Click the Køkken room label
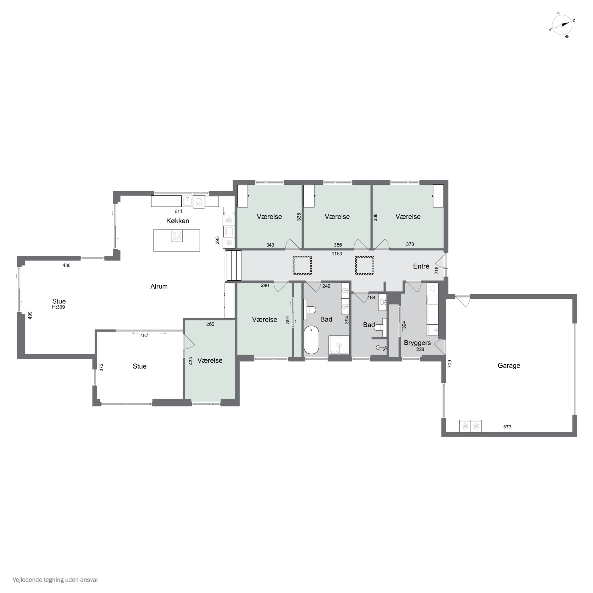(178, 221)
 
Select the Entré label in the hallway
(421, 266)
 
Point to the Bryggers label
(417, 343)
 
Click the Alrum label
(159, 286)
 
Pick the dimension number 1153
(337, 254)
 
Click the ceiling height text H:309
(58, 307)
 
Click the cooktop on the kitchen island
(177, 236)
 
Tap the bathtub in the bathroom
(312, 340)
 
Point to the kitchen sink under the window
(187, 201)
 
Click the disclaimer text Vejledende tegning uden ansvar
(55, 580)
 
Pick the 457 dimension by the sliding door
(144, 335)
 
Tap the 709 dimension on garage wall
(450, 364)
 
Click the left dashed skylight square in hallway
(302, 265)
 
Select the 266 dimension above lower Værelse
(210, 324)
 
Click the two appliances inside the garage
(470, 426)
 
